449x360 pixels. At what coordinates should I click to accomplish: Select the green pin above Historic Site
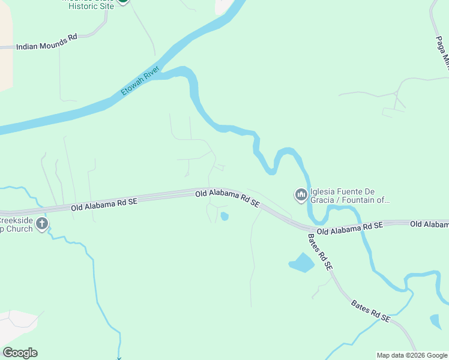click(122, 1)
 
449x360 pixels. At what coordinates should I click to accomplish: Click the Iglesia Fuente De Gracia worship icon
click(301, 195)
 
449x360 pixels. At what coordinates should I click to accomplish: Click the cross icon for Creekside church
click(42, 224)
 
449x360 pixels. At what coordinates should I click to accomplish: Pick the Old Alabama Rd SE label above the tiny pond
click(228, 199)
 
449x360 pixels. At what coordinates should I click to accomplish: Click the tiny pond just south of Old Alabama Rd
click(224, 216)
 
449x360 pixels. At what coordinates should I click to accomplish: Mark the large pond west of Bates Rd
click(302, 263)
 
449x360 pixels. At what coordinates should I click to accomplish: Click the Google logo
click(20, 353)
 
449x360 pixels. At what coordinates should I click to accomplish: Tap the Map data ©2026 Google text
click(412, 355)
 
